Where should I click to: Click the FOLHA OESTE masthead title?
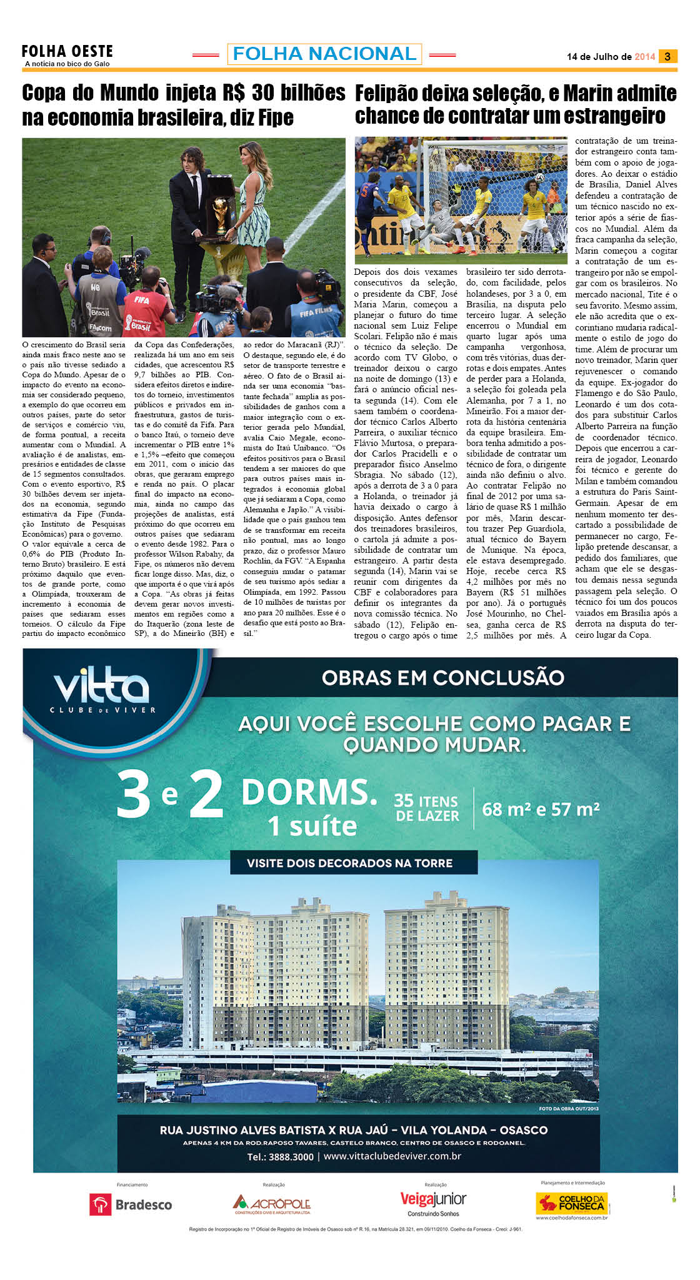(67, 51)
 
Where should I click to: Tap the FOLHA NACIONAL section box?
(324, 54)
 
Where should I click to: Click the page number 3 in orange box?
(667, 56)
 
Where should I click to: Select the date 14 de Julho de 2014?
(611, 57)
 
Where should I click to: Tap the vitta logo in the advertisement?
(102, 688)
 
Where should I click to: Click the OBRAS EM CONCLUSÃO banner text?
(442, 678)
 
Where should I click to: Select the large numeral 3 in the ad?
(134, 795)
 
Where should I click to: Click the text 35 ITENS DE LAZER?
(427, 808)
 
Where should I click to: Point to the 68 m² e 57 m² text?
(541, 810)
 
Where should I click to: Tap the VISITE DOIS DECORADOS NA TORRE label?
(349, 863)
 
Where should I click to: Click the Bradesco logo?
(131, 1204)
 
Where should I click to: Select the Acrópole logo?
(272, 1203)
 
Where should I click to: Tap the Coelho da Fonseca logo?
(572, 1203)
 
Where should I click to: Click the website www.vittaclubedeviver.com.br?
(392, 1156)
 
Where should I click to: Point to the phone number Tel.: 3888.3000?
(280, 1157)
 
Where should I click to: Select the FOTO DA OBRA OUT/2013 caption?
(568, 1109)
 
